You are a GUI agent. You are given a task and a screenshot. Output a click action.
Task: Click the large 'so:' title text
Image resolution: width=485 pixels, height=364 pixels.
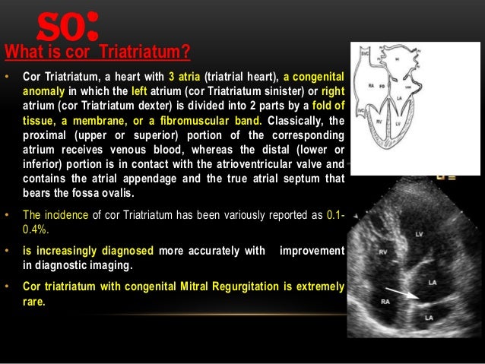[x=68, y=28]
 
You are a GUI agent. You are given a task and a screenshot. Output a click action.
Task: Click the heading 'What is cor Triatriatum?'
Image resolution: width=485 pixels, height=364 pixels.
[x=97, y=52]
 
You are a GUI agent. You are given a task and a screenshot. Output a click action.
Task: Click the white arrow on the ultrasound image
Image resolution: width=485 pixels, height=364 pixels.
[x=403, y=293]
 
